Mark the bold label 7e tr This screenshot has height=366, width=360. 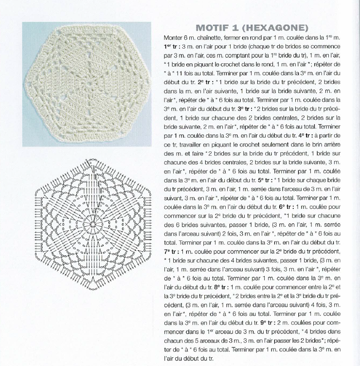[172, 251]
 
